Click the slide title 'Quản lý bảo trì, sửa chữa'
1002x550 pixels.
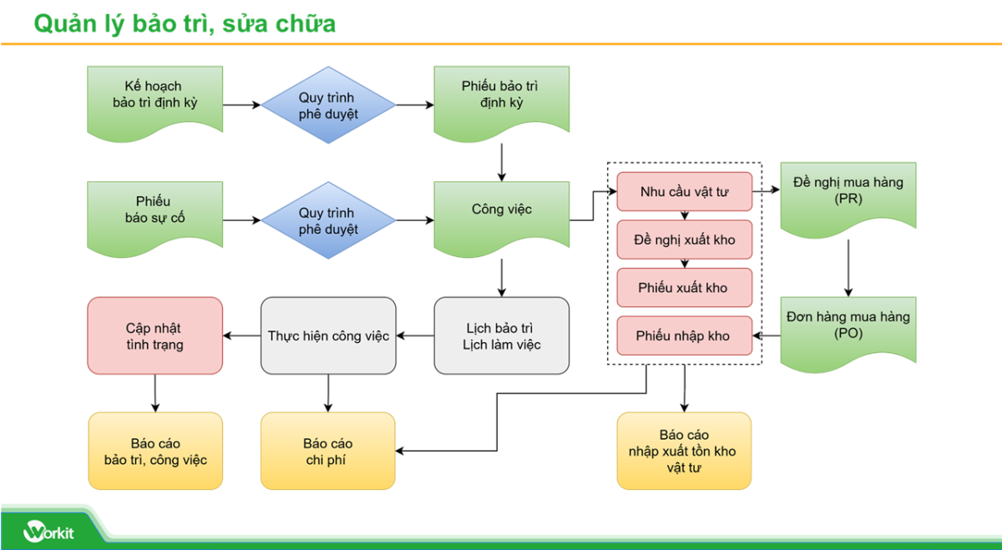[x=185, y=23]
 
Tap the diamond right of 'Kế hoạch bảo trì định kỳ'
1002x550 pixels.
[x=328, y=105]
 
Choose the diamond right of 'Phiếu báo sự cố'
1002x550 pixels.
[x=328, y=220]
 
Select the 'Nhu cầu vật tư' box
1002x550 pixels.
[x=684, y=192]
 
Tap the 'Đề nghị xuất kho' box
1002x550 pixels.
[x=684, y=240]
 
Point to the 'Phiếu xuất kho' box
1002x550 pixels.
[x=684, y=288]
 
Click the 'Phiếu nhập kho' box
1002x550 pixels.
[x=684, y=336]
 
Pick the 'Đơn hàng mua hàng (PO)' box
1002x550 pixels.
[x=848, y=326]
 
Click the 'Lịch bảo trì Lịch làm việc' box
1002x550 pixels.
[x=501, y=336]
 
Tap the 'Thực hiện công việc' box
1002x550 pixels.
[x=328, y=336]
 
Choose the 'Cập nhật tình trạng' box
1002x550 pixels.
[x=154, y=336]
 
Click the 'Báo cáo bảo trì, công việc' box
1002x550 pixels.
[x=155, y=451]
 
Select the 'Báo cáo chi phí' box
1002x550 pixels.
[x=328, y=451]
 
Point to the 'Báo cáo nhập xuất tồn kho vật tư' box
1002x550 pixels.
[x=684, y=451]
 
